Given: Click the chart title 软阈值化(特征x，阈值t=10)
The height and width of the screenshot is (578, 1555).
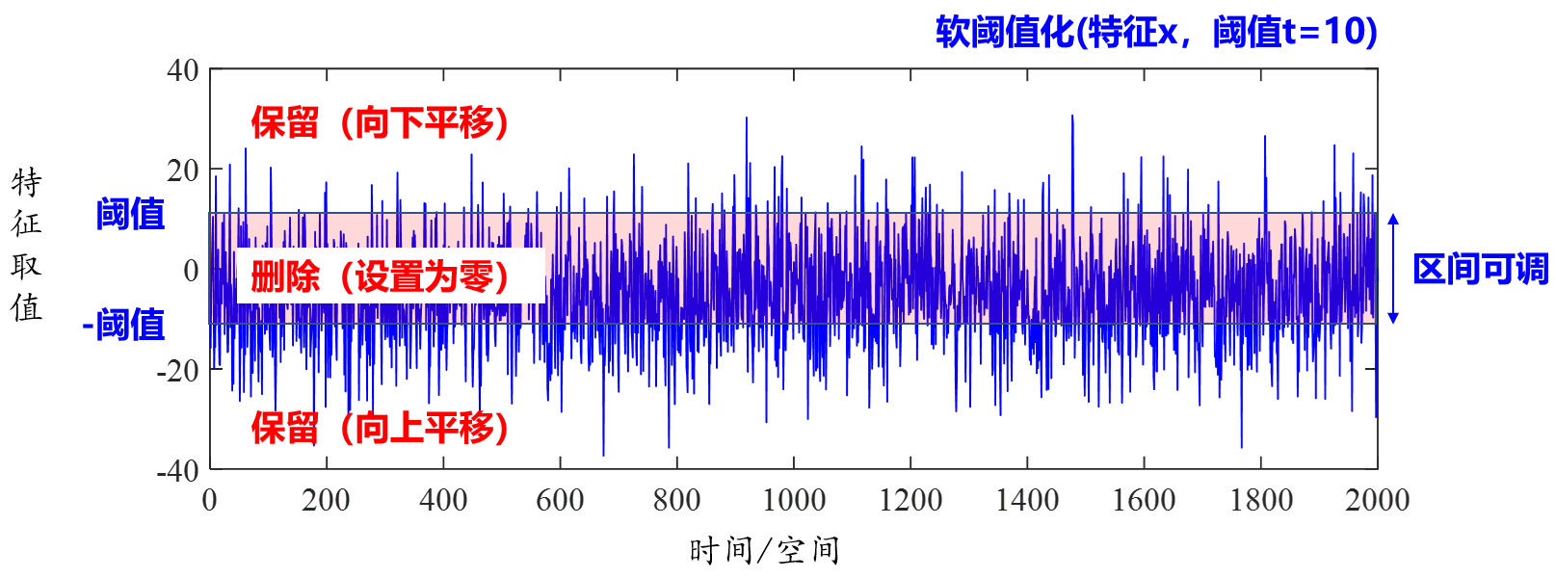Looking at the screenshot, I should click(1156, 33).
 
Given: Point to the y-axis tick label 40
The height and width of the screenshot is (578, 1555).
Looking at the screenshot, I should click(183, 70).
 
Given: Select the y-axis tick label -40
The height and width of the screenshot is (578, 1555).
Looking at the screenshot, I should click(178, 471).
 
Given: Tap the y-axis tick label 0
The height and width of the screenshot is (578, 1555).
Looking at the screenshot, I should click(191, 271).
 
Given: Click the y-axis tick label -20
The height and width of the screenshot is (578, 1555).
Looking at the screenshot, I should click(178, 371).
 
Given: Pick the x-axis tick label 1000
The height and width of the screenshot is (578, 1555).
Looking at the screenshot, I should click(794, 500).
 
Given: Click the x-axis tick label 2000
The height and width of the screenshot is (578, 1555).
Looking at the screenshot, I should click(1378, 500).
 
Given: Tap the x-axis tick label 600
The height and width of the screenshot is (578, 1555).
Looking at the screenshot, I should click(560, 500).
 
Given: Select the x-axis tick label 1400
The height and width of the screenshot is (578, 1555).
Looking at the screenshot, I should click(1027, 500).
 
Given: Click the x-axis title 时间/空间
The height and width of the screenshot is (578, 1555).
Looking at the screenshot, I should click(765, 551).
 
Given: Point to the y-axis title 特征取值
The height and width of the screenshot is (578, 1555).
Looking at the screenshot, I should click(27, 245).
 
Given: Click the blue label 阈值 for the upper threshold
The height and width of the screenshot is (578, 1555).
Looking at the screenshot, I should click(131, 214).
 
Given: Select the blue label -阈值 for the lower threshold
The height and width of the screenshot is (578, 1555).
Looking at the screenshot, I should click(124, 326).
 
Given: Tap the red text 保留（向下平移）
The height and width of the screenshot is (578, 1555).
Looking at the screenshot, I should click(381, 123).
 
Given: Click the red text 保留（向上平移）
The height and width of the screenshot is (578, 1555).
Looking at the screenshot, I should click(381, 428).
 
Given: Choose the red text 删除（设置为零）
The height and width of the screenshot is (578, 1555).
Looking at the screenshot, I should click(381, 277).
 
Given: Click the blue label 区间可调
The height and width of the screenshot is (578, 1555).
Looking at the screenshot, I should click(1480, 270).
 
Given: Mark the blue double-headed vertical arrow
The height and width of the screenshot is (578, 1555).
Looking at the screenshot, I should click(1393, 269).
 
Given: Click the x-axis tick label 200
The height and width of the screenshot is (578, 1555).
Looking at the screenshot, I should click(326, 500).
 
